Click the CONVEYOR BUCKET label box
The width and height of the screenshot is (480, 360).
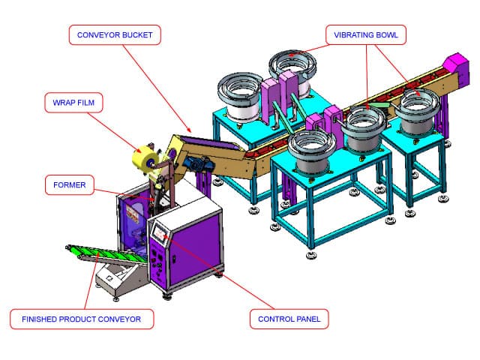[x=115, y=34]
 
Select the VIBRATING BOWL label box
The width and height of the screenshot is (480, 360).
[x=366, y=34]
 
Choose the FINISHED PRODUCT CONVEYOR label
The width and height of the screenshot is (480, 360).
[x=82, y=319]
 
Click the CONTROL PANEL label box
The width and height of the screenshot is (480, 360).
[x=289, y=319]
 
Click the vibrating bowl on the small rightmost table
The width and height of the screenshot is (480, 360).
[x=416, y=109]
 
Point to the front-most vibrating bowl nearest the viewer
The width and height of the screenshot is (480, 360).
[x=309, y=149]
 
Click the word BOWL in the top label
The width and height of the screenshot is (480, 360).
[x=388, y=34]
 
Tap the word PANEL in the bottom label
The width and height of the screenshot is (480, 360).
[x=306, y=319]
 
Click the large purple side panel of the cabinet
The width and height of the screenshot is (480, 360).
[x=196, y=244]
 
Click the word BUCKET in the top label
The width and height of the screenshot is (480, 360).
[x=139, y=34]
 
